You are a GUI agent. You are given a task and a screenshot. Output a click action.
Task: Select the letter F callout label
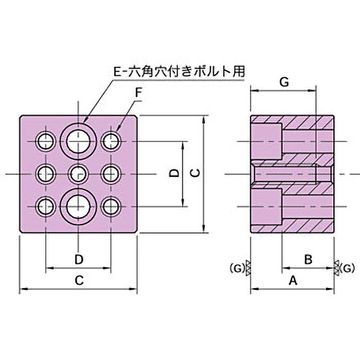click(138, 92)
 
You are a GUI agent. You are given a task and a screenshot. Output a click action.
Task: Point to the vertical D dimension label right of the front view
click(175, 173)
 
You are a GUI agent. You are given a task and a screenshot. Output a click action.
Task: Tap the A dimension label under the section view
click(292, 281)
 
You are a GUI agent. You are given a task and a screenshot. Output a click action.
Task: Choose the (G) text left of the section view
click(236, 269)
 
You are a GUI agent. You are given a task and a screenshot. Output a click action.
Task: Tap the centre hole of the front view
click(78, 173)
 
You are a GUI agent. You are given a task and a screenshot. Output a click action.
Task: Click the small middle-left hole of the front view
click(45, 173)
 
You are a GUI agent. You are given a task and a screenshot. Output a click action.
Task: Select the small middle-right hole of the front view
click(111, 173)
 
